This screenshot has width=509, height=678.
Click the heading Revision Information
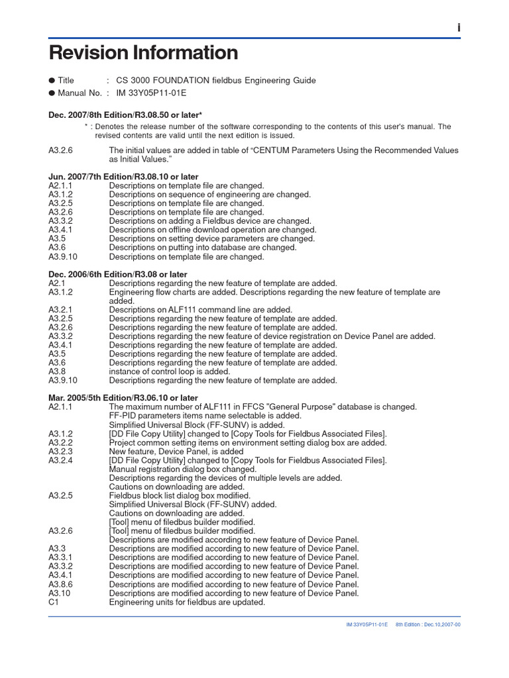click(144, 53)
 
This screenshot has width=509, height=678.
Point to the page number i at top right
click(458, 28)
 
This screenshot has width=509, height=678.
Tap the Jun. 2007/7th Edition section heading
click(123, 177)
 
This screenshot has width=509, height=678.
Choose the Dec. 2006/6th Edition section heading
click(118, 274)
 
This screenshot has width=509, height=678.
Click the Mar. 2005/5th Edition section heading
click(123, 398)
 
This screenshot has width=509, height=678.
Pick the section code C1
click(54, 602)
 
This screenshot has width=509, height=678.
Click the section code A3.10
click(59, 593)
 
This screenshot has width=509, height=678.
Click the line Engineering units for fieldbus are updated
click(187, 602)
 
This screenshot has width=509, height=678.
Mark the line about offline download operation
click(213, 230)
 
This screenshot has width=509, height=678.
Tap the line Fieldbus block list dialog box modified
click(180, 495)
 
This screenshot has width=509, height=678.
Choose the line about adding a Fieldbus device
click(210, 221)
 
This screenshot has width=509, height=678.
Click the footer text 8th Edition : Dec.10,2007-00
click(428, 624)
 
